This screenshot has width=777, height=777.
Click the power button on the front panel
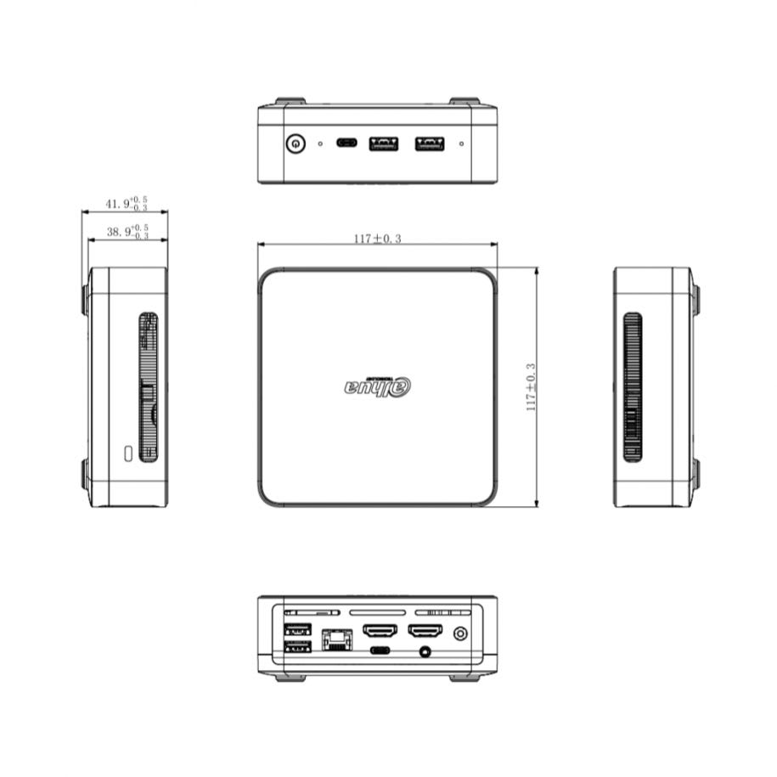(x=295, y=143)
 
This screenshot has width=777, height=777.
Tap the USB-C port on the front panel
(x=346, y=143)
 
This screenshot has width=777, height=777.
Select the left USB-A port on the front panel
(x=383, y=143)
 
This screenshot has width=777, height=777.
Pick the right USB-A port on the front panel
(x=429, y=143)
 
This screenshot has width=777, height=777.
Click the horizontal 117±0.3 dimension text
(x=377, y=239)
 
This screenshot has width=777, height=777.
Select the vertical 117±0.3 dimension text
(x=532, y=386)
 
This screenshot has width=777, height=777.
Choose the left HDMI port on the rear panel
(x=380, y=632)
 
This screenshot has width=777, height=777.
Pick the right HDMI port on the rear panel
(x=425, y=632)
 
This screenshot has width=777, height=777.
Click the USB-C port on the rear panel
(x=380, y=651)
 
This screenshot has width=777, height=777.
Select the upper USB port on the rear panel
(x=297, y=631)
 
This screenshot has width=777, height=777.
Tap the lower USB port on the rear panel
(x=297, y=648)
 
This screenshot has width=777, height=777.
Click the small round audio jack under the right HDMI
(x=425, y=652)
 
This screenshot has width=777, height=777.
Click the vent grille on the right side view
(x=632, y=386)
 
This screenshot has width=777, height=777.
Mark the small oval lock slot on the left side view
(x=128, y=453)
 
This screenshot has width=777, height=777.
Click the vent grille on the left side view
(x=149, y=386)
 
